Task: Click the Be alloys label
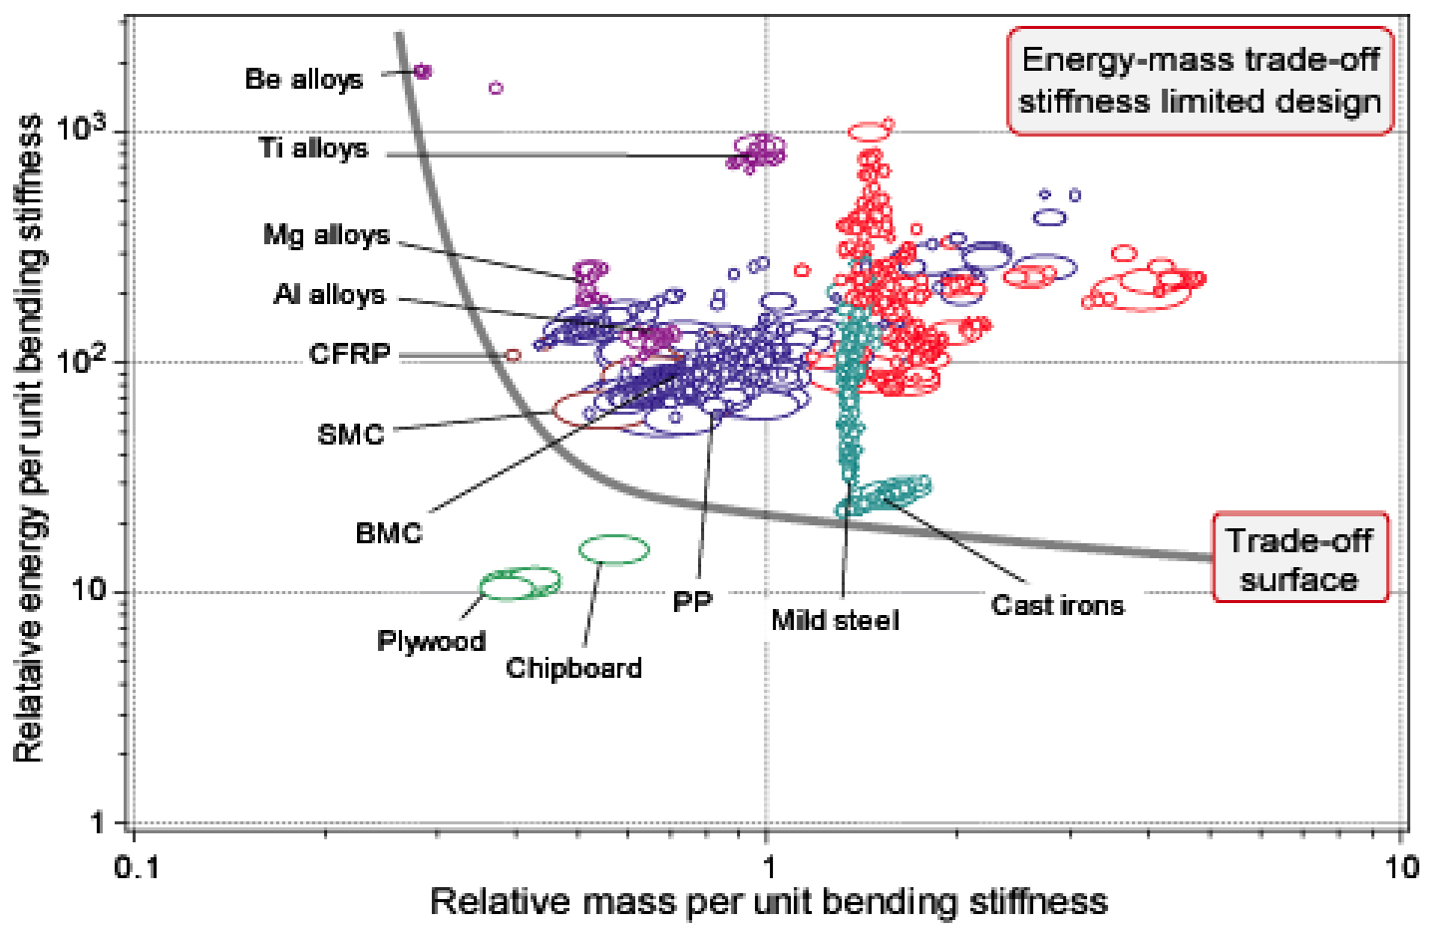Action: click(x=304, y=80)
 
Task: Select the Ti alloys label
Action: click(x=313, y=149)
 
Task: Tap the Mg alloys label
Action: click(x=326, y=235)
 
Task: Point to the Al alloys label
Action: click(x=329, y=295)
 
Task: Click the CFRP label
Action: click(x=349, y=354)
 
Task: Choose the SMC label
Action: click(x=351, y=435)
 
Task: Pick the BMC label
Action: click(x=389, y=533)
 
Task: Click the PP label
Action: click(x=692, y=602)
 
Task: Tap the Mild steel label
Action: click(x=835, y=620)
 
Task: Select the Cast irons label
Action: click(x=1057, y=605)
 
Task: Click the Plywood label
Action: click(x=431, y=641)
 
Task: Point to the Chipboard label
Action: click(x=573, y=667)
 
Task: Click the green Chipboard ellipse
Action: click(x=614, y=549)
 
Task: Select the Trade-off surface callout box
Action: click(x=1299, y=559)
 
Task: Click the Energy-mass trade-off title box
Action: click(x=1200, y=81)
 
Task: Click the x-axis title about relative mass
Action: click(x=768, y=902)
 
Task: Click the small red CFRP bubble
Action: click(x=513, y=355)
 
